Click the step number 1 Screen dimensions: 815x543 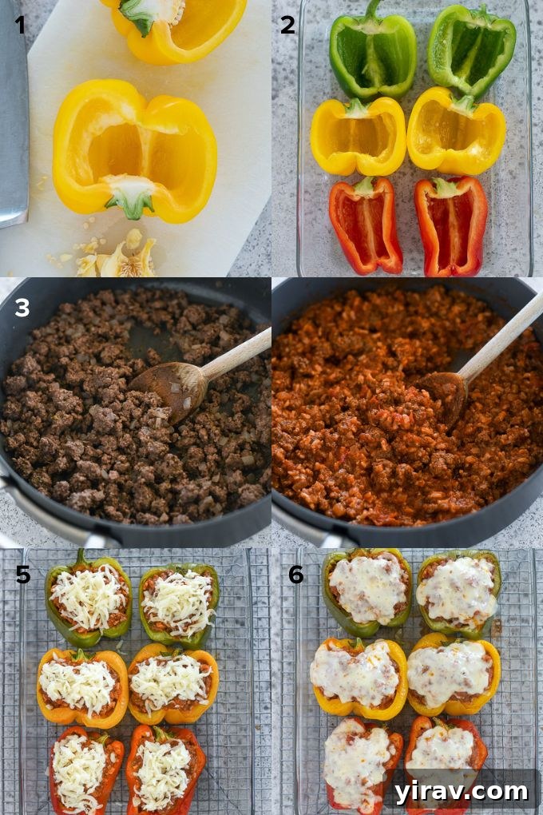click(19, 25)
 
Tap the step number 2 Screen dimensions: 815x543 click(287, 25)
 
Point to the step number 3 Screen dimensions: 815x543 click(22, 307)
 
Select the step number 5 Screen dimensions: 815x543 click(23, 574)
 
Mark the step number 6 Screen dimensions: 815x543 click(295, 574)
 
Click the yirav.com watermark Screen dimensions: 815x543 click(461, 791)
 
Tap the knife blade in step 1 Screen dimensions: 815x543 click(13, 120)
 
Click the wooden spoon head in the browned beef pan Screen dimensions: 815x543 click(171, 387)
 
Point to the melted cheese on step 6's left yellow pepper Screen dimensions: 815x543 click(357, 673)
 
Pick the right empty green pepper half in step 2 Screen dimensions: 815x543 click(471, 50)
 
